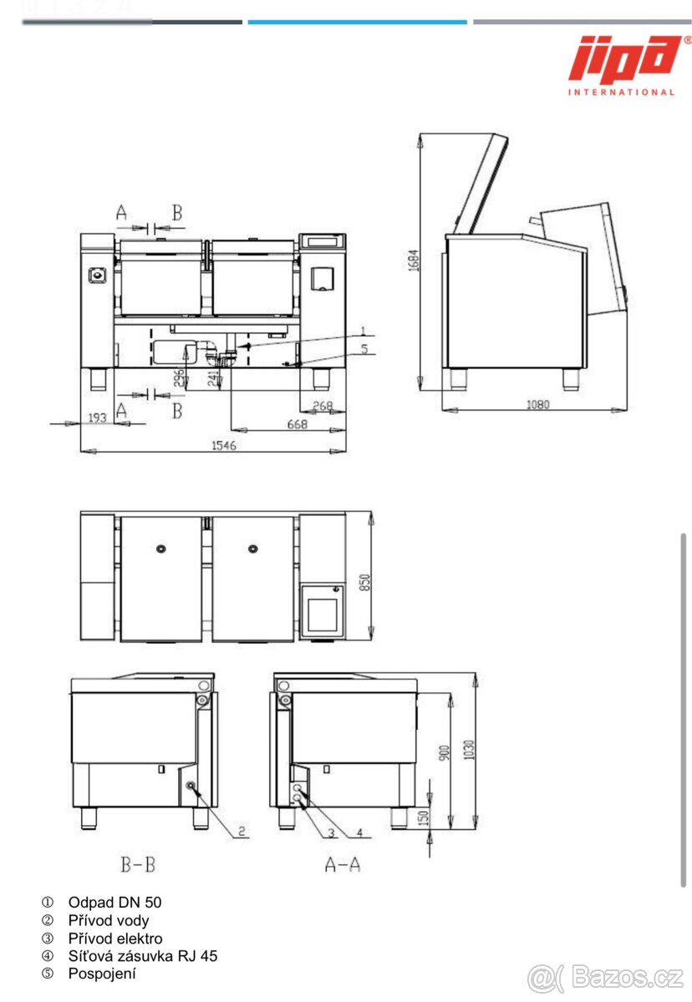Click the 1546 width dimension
223,446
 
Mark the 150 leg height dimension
424,815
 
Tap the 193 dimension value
98,417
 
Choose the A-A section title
343,865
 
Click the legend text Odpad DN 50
115,903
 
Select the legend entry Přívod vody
109,920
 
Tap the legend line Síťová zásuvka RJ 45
143,956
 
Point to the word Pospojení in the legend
102,974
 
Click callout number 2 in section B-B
241,831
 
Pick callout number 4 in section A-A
359,832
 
